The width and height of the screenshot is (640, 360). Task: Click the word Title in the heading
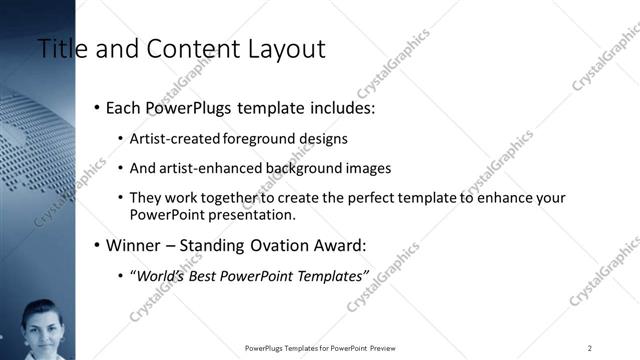point(59,48)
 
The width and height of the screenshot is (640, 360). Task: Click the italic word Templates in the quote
point(331,275)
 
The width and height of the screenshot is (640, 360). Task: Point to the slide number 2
point(590,347)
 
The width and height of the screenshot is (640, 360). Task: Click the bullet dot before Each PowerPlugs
point(96,106)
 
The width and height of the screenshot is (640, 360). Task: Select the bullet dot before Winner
point(96,245)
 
